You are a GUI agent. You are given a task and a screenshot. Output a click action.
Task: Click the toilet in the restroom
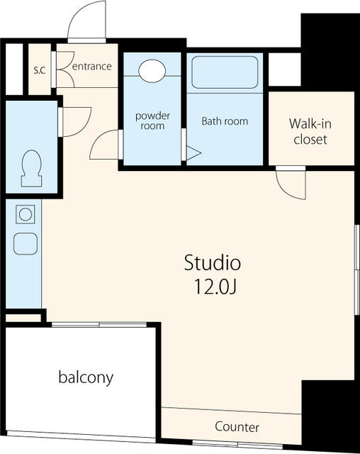31,168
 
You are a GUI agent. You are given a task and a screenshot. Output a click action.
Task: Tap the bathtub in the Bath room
225,72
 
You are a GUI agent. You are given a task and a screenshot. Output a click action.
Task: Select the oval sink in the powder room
152,71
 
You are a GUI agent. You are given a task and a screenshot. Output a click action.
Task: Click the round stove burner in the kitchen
26,214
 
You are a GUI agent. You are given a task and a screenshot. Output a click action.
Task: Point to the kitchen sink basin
26,244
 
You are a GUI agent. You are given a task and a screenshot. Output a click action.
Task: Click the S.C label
40,70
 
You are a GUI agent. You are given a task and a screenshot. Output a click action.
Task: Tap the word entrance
92,66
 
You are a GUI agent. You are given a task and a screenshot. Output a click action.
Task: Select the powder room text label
152,121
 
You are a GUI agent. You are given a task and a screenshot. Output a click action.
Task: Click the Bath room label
225,121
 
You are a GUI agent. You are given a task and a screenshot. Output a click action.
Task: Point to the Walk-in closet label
310,131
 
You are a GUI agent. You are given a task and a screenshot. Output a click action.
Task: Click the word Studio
213,262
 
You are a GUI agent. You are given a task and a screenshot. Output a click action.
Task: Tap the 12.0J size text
215,287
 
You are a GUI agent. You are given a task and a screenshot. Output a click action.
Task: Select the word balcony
86,377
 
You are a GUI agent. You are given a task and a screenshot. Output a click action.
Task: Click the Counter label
237,427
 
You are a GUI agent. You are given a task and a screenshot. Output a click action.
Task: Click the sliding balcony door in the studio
99,325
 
